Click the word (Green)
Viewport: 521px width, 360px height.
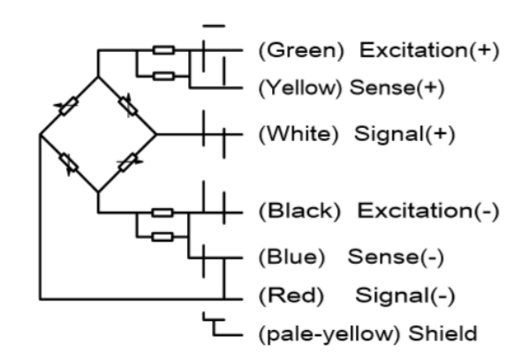point(301,50)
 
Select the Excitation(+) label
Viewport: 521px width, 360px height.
point(430,50)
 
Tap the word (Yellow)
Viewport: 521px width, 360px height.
point(300,88)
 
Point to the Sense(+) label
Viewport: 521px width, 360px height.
point(397,88)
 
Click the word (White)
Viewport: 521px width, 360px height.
point(298,134)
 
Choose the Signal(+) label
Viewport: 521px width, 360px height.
point(404,134)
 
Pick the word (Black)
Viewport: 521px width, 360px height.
point(299,211)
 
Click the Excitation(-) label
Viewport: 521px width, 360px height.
point(428,211)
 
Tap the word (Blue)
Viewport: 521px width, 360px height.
point(291,257)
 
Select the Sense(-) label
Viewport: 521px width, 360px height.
point(396,257)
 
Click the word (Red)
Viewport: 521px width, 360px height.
point(291,296)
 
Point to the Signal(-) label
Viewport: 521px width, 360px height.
point(405,296)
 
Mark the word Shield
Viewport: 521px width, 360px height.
point(442,334)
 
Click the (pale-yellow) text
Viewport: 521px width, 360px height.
point(329,334)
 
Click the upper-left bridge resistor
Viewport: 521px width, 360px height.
point(69,106)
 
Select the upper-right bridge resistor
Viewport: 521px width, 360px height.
point(128,105)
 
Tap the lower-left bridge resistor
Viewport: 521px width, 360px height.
point(69,164)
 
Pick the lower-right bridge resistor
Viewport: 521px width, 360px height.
point(128,162)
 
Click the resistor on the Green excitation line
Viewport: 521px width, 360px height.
point(163,50)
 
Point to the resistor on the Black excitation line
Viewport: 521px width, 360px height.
point(162,213)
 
